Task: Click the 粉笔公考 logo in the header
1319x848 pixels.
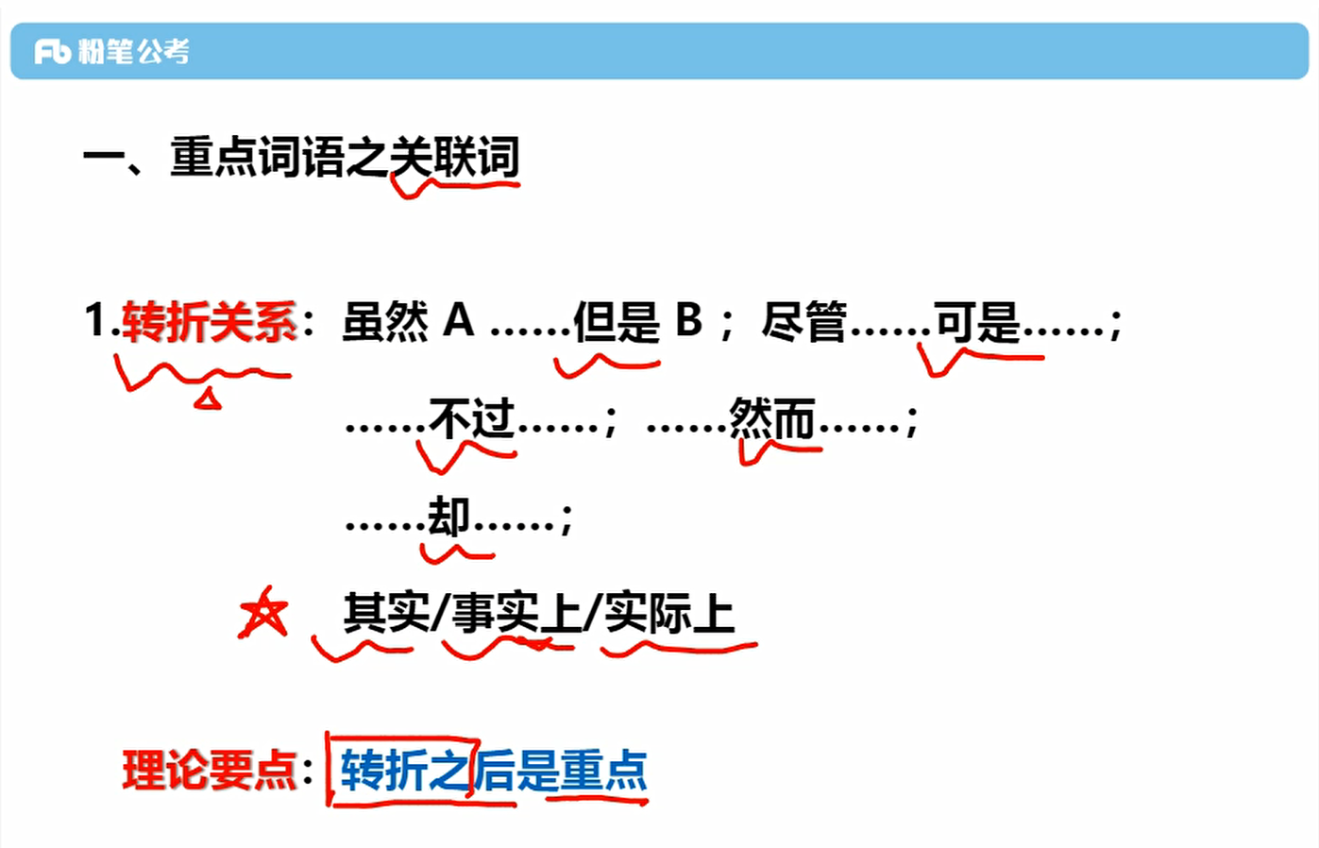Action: point(111,51)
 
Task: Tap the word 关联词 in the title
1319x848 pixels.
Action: point(455,157)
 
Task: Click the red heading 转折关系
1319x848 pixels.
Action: point(210,322)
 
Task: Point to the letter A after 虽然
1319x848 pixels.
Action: point(458,321)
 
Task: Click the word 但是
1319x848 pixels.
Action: point(617,322)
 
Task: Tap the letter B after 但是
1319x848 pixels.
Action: point(688,321)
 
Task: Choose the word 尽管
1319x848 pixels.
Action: point(804,322)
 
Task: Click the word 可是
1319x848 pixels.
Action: point(977,322)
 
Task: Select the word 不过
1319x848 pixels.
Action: point(471,418)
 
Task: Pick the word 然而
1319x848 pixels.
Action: point(771,418)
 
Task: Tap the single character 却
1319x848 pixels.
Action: point(448,517)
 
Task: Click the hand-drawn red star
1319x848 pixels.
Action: point(263,614)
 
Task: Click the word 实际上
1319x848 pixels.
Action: point(668,614)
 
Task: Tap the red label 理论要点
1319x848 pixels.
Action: point(210,770)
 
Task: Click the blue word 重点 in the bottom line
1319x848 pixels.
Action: point(603,770)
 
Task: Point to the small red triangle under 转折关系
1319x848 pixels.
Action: point(208,400)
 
